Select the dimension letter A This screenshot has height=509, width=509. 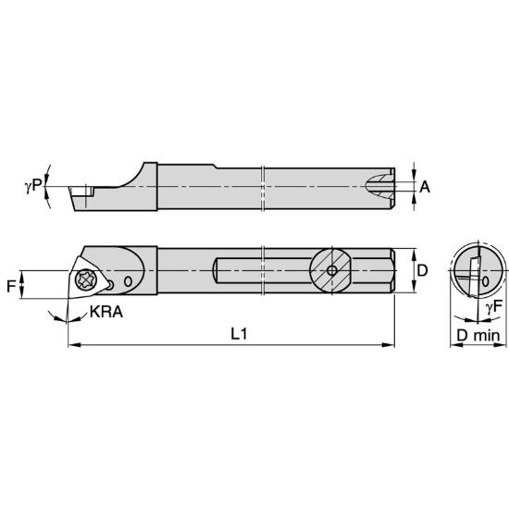[x=425, y=186]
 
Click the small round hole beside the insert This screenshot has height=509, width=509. [x=129, y=280]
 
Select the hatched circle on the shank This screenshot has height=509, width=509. [x=332, y=271]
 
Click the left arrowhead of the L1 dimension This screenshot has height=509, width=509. [x=73, y=346]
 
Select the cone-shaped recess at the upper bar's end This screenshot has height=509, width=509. [x=379, y=187]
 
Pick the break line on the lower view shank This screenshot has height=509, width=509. [x=265, y=270]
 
